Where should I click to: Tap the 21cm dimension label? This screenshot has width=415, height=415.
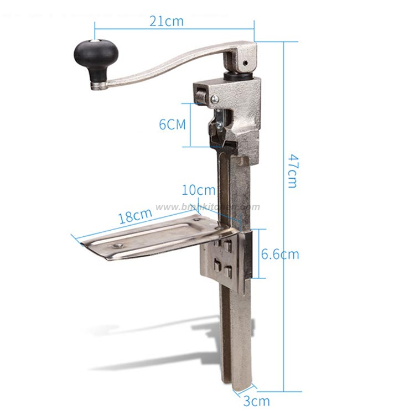[x=167, y=22]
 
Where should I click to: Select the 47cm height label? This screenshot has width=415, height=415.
[x=293, y=170]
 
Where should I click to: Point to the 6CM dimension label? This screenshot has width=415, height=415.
[x=173, y=124]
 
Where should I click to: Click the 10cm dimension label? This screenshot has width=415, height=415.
[x=198, y=190]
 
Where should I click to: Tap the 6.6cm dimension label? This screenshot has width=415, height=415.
[x=279, y=254]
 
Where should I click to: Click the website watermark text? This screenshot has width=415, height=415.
[x=207, y=207]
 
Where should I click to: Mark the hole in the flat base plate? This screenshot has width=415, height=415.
[x=117, y=244]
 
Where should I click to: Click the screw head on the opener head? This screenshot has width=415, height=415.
[x=214, y=98]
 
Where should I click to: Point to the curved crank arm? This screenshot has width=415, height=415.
[x=166, y=65]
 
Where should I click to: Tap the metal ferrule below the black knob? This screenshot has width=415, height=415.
[x=100, y=84]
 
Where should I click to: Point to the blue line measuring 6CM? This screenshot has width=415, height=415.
[x=191, y=124]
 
